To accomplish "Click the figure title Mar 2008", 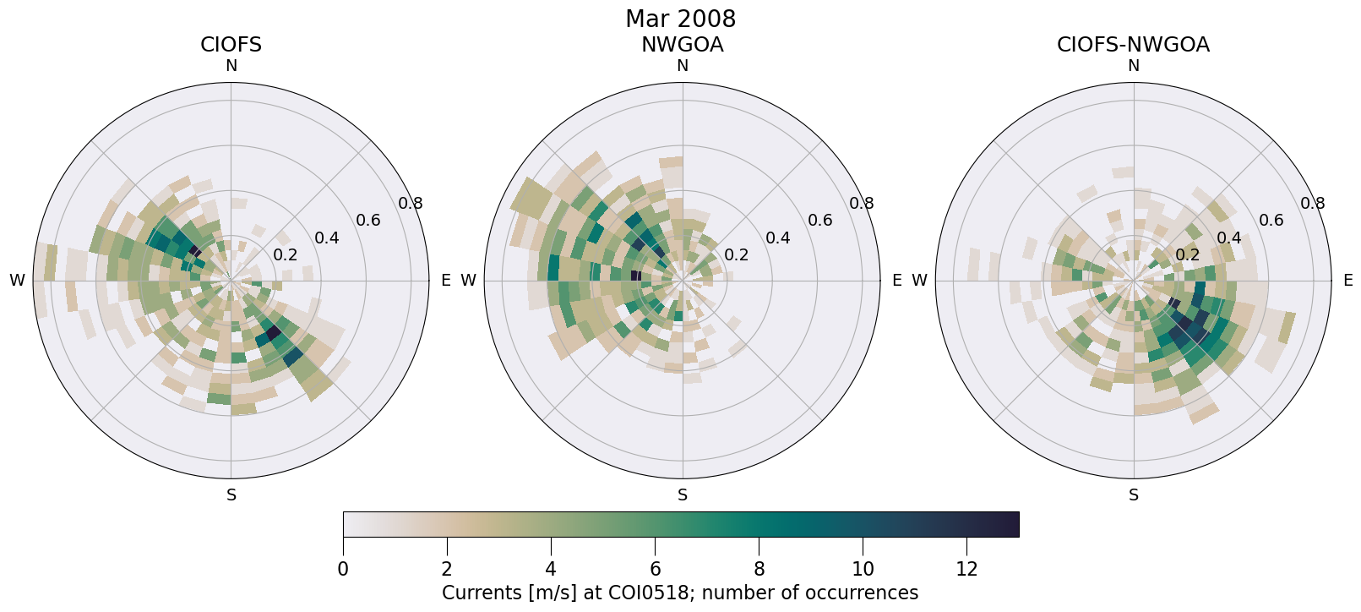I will [x=680, y=19].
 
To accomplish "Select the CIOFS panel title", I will [x=231, y=45].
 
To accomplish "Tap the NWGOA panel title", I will [x=682, y=45].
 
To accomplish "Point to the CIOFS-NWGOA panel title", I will [x=1133, y=45].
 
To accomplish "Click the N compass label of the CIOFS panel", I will [x=231, y=66].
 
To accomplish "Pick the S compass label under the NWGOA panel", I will [x=683, y=495].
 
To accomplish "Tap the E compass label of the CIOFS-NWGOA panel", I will [x=1347, y=281].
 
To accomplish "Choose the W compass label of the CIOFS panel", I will [x=17, y=281].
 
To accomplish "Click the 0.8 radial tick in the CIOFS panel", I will [x=411, y=203].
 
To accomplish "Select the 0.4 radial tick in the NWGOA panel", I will [x=778, y=238].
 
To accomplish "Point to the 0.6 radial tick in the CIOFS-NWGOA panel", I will [x=1271, y=221].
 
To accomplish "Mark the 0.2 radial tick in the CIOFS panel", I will [x=286, y=255].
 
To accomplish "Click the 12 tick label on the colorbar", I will [x=966, y=569].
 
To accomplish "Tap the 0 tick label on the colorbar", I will [x=343, y=569].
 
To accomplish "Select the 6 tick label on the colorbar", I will [x=655, y=569].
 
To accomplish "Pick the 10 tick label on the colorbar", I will [x=863, y=569].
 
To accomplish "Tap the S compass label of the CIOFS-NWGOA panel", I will [x=1134, y=495].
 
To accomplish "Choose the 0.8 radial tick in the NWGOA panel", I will [x=862, y=203].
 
